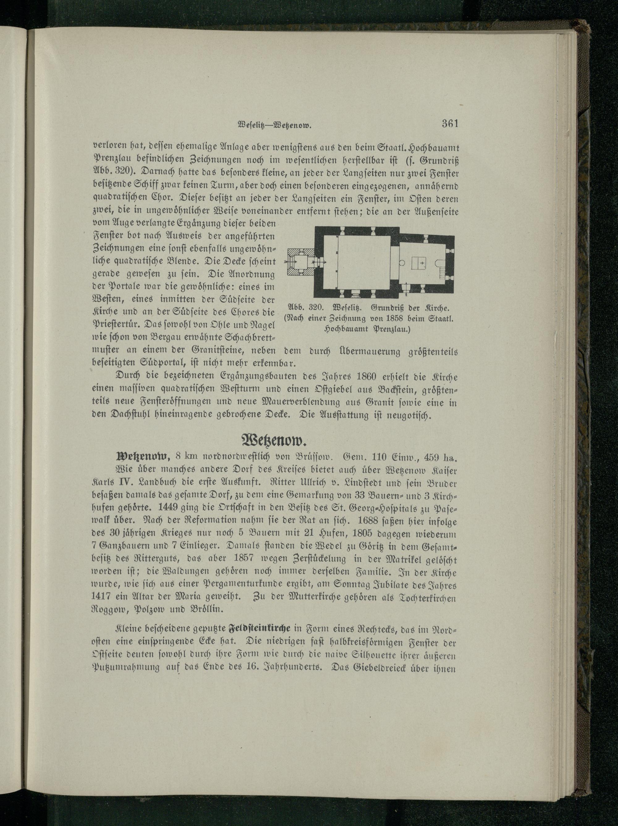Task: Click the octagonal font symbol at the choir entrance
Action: [x=402, y=263]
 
